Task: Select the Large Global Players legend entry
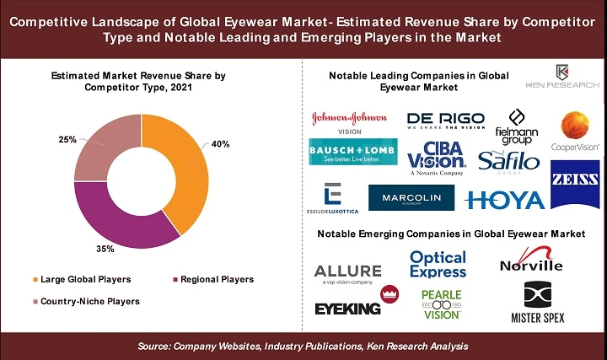79,279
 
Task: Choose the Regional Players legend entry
213,279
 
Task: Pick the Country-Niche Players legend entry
83,301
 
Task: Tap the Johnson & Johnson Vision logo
349,120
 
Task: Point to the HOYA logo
504,200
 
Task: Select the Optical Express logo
438,264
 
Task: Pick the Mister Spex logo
537,304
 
